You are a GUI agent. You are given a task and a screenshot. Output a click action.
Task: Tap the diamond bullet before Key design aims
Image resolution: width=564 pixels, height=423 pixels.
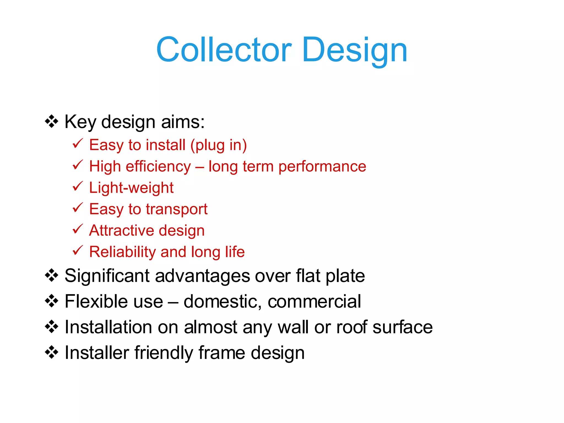click(x=51, y=121)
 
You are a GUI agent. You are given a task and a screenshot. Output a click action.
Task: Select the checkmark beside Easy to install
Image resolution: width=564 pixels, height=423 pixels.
click(x=77, y=144)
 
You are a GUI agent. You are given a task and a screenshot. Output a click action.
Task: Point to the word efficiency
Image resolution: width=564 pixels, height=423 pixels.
click(x=158, y=167)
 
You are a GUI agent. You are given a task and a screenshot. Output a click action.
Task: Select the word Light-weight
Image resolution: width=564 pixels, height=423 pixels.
click(x=131, y=188)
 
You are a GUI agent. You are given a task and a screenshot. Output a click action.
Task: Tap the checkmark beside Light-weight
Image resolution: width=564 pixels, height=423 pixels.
click(x=77, y=186)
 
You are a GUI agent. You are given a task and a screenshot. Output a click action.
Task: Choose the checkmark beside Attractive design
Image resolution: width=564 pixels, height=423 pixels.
click(x=77, y=229)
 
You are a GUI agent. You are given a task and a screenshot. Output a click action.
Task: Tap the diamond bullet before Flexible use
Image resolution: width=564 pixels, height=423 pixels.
click(x=51, y=301)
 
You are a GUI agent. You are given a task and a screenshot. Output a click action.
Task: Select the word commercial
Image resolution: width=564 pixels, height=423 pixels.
click(x=314, y=302)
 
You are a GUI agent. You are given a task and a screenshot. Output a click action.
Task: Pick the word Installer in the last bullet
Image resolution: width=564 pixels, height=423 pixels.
click(x=97, y=353)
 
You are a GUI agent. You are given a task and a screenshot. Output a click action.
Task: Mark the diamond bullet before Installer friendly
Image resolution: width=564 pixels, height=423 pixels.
click(x=51, y=352)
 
